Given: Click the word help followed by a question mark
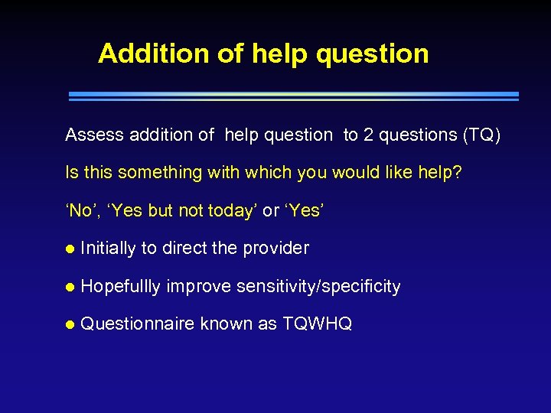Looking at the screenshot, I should click(440, 173).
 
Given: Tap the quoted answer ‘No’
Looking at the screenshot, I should click(80, 210).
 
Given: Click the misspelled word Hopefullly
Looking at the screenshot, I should click(120, 286).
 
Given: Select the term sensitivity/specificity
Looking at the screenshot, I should click(318, 286).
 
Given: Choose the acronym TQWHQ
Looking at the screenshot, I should click(317, 324).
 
